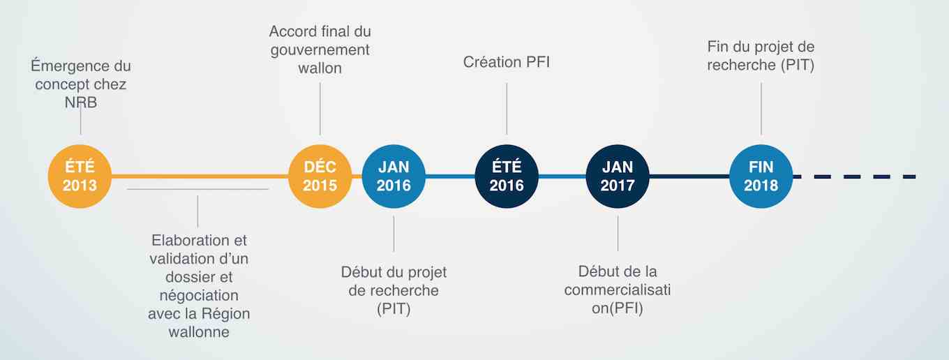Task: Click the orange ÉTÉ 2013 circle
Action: coord(80,177)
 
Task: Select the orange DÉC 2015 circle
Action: coord(320,177)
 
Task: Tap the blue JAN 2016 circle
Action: coord(394,177)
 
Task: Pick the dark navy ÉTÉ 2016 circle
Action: coord(507,177)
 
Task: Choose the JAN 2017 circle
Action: coord(618,177)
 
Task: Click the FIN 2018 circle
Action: coord(761,177)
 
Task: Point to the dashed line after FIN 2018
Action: coord(855,177)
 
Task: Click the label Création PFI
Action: coord(507,62)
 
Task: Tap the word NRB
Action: coord(81,103)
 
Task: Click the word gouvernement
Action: coord(320,50)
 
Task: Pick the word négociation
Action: coord(199,296)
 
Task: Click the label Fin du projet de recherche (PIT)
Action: coord(761,56)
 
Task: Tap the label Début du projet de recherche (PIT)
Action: coord(394,290)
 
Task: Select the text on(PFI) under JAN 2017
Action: coord(618,308)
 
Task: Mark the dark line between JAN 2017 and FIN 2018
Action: coord(689,177)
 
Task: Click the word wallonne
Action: coord(199,332)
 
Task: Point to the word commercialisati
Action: coord(618,290)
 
